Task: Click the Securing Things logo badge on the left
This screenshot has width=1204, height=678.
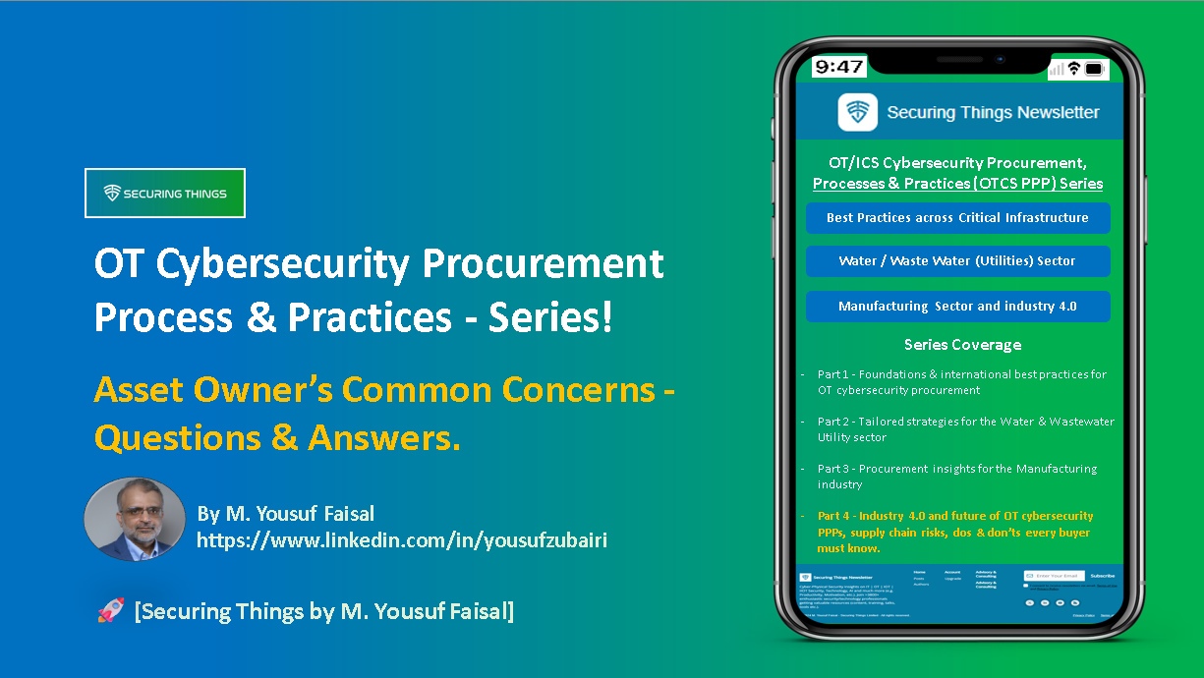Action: pyautogui.click(x=165, y=194)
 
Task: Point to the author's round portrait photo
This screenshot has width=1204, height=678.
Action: pyautogui.click(x=135, y=520)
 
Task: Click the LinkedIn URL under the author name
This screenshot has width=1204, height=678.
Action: pyautogui.click(x=401, y=540)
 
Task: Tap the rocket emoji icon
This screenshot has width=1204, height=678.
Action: pyautogui.click(x=110, y=611)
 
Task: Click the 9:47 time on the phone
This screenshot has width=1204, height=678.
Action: pyautogui.click(x=838, y=67)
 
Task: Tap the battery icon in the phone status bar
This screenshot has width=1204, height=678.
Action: pyautogui.click(x=1096, y=69)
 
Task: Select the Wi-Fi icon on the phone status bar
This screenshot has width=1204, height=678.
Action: pyautogui.click(x=1074, y=69)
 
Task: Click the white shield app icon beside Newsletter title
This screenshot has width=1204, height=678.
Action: pyautogui.click(x=857, y=112)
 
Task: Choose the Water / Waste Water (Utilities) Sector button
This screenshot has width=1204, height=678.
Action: pyautogui.click(x=957, y=261)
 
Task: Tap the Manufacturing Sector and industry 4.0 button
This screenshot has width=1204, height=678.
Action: pyautogui.click(x=957, y=307)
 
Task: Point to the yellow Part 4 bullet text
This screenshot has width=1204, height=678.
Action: pyautogui.click(x=954, y=532)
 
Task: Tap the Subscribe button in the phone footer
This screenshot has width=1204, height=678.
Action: pyautogui.click(x=1102, y=576)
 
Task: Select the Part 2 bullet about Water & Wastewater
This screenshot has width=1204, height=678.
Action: pyautogui.click(x=965, y=429)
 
